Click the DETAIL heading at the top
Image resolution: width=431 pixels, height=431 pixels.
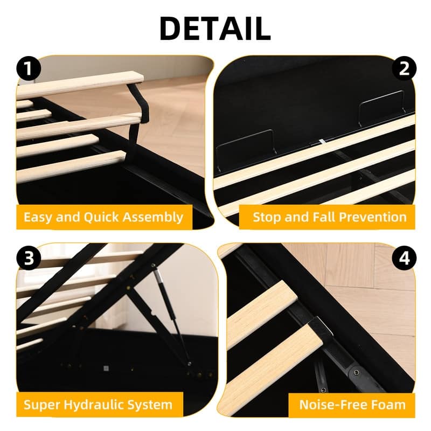click(x=215, y=29)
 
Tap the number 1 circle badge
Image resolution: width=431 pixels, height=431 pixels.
click(x=27, y=69)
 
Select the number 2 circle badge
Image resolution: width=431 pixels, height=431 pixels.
click(x=404, y=69)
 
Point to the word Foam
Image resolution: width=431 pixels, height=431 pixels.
click(x=388, y=405)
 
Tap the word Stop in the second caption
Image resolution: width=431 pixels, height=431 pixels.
click(x=267, y=218)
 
